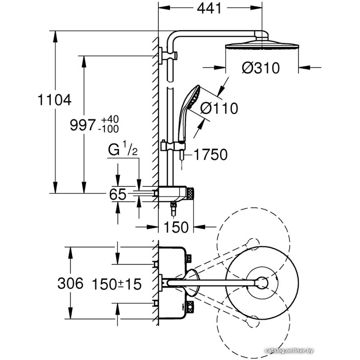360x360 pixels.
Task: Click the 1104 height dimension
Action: click(x=54, y=100)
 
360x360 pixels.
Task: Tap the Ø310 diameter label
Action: click(x=261, y=67)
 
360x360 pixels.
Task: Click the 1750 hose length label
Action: click(x=211, y=155)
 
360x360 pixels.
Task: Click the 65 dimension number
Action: click(x=118, y=194)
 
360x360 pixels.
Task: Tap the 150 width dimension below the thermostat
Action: click(x=176, y=227)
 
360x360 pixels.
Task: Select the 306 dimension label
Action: click(x=70, y=284)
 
